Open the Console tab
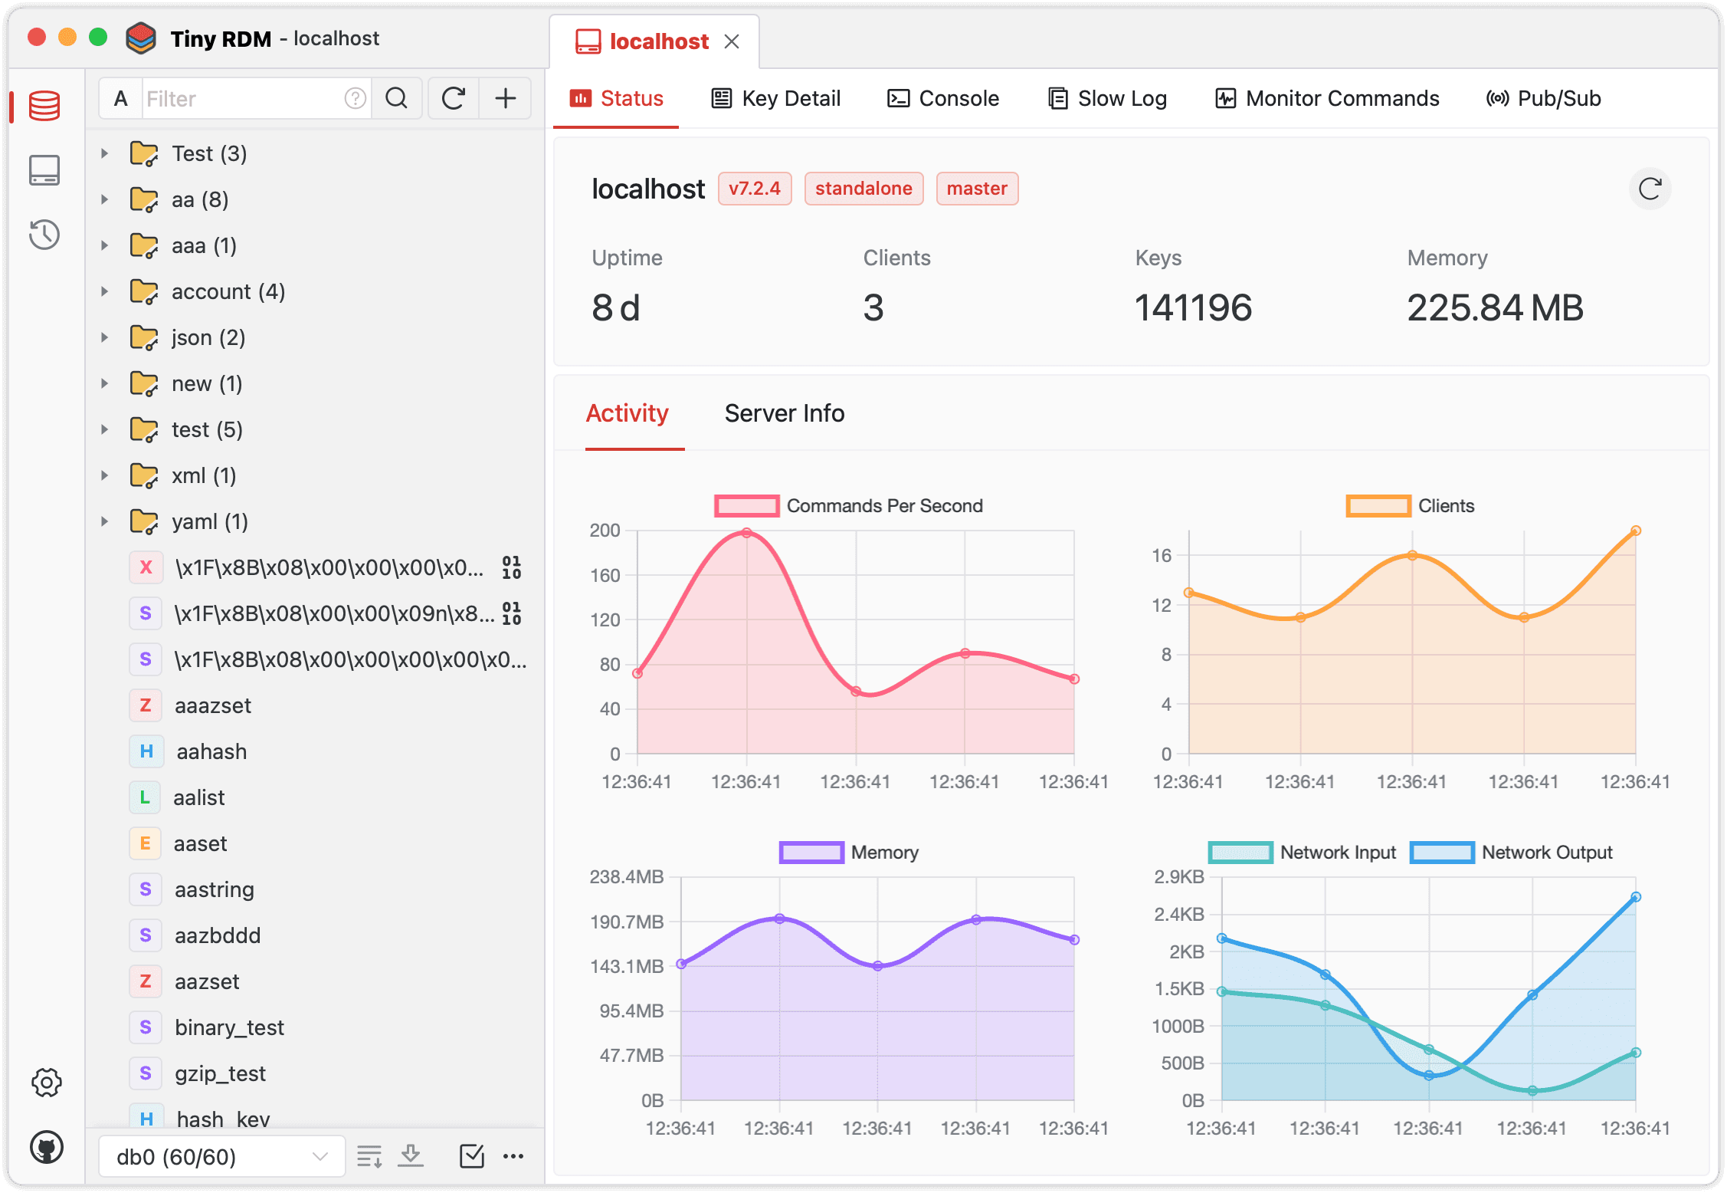click(x=943, y=99)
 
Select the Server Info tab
click(x=784, y=413)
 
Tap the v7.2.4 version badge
click(x=754, y=189)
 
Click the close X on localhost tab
click(x=732, y=41)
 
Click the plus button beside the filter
click(x=505, y=98)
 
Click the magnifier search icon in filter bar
click(x=396, y=98)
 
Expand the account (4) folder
click(x=105, y=291)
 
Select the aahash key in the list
click(x=211, y=751)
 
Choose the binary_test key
click(x=229, y=1027)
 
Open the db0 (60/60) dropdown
click(x=221, y=1156)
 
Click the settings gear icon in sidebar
click(x=46, y=1083)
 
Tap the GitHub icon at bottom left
click(x=46, y=1148)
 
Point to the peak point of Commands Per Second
click(x=747, y=533)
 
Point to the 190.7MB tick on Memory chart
click(x=627, y=922)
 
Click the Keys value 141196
click(x=1193, y=308)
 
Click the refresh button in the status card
click(x=1650, y=189)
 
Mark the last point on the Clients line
click(x=1635, y=531)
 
